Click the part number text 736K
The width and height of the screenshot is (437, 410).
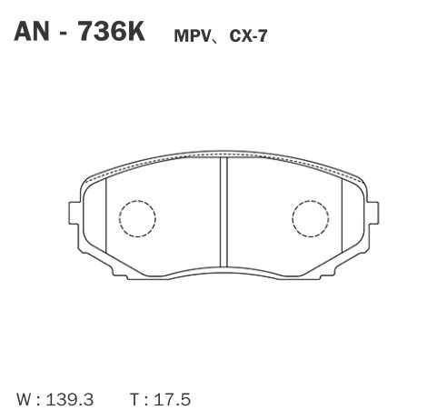pyautogui.click(x=111, y=32)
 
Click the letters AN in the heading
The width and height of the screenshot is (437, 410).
pyautogui.click(x=32, y=32)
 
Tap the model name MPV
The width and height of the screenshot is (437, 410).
pyautogui.click(x=193, y=36)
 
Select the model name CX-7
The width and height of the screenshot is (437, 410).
pyautogui.click(x=248, y=36)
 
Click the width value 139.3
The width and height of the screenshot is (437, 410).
pyautogui.click(x=70, y=399)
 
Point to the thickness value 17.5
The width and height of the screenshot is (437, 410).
pyautogui.click(x=173, y=399)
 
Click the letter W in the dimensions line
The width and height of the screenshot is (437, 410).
pyautogui.click(x=25, y=399)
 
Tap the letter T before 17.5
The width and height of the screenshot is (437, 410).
pyautogui.click(x=136, y=399)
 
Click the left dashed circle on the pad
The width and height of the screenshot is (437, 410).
pyautogui.click(x=137, y=201)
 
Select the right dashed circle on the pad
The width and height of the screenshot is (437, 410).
pyautogui.click(x=311, y=201)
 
